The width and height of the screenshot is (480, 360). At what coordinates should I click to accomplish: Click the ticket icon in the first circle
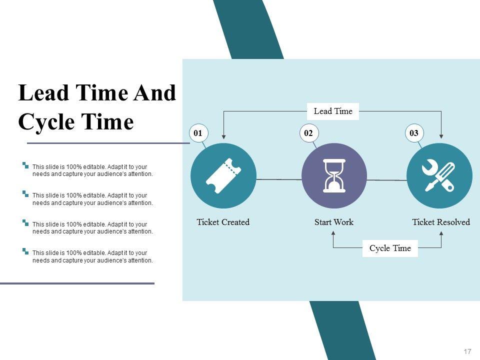223,175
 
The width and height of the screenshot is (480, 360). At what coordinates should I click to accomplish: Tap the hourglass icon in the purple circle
334,175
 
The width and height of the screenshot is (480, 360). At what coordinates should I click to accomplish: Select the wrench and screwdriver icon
438,175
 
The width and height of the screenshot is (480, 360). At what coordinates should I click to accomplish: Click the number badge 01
198,133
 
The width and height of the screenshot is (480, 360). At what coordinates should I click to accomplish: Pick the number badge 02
308,133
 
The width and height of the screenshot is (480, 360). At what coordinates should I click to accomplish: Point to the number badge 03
414,133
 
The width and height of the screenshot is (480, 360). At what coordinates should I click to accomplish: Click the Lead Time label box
333,111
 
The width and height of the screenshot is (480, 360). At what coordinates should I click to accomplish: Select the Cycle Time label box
390,248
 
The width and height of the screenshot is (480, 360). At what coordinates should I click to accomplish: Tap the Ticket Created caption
223,222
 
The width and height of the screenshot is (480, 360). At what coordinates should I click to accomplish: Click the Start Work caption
334,222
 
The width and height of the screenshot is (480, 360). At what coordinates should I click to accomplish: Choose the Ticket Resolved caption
441,222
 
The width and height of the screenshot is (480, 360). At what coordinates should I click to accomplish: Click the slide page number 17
467,351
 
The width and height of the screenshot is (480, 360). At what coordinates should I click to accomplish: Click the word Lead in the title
43,93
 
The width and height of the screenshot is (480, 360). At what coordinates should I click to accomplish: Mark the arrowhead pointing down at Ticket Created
224,136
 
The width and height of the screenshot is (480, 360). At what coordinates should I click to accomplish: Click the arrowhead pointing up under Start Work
333,233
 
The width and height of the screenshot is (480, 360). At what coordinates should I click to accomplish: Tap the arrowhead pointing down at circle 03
441,136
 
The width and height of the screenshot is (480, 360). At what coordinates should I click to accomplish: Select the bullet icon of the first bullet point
25,165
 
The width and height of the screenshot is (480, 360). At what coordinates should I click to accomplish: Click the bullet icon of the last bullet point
25,251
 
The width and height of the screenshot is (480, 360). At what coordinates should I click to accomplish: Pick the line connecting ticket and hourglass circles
279,179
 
